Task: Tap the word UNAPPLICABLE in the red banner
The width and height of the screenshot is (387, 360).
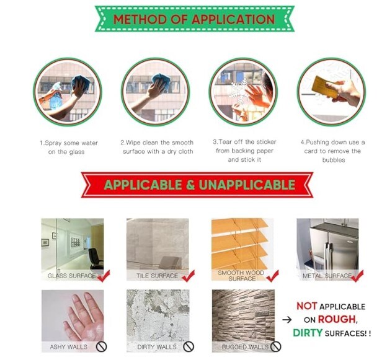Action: click(247, 185)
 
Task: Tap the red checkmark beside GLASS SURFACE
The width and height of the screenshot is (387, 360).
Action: click(104, 276)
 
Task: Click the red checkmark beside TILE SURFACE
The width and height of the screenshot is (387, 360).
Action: click(189, 276)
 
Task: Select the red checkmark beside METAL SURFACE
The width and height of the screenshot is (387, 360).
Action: click(357, 276)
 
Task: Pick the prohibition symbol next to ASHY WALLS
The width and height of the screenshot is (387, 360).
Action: click(101, 346)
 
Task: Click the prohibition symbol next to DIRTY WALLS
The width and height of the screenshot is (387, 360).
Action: click(189, 346)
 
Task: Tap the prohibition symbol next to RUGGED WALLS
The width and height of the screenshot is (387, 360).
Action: click(276, 346)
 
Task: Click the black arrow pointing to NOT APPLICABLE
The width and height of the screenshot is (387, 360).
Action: click(287, 320)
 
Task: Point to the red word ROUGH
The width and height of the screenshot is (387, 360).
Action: click(337, 319)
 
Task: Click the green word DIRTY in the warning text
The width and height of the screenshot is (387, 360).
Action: click(308, 333)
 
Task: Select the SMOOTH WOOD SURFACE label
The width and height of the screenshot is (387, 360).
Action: click(241, 276)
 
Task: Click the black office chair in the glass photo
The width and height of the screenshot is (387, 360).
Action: click(96, 258)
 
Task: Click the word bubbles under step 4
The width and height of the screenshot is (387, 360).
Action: click(334, 160)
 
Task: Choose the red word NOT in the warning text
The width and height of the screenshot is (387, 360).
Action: click(306, 306)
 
